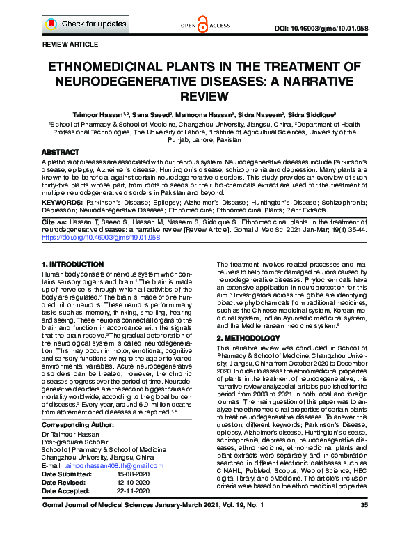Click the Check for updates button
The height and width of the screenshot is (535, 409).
coord(85,24)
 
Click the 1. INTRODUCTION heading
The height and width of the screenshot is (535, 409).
coord(73,265)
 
